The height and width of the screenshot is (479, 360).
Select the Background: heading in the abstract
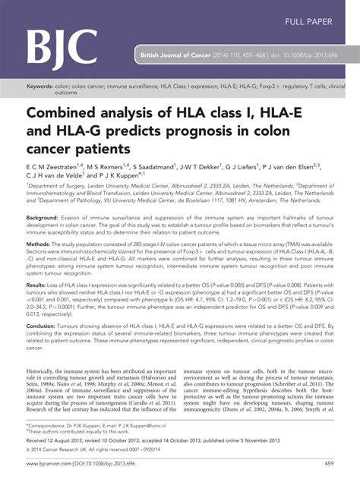click(x=47, y=217)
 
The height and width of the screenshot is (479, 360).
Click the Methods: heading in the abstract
click(x=42, y=245)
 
